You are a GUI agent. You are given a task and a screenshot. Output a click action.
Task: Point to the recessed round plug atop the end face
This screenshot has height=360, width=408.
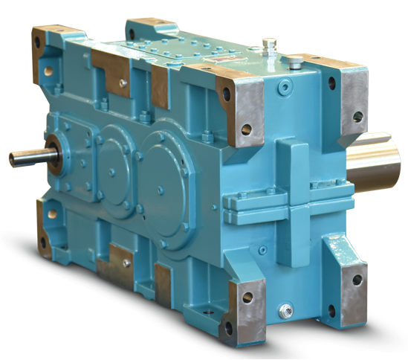[285, 91]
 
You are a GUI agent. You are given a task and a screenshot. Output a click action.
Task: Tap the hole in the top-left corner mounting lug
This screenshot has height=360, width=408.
[49, 72]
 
